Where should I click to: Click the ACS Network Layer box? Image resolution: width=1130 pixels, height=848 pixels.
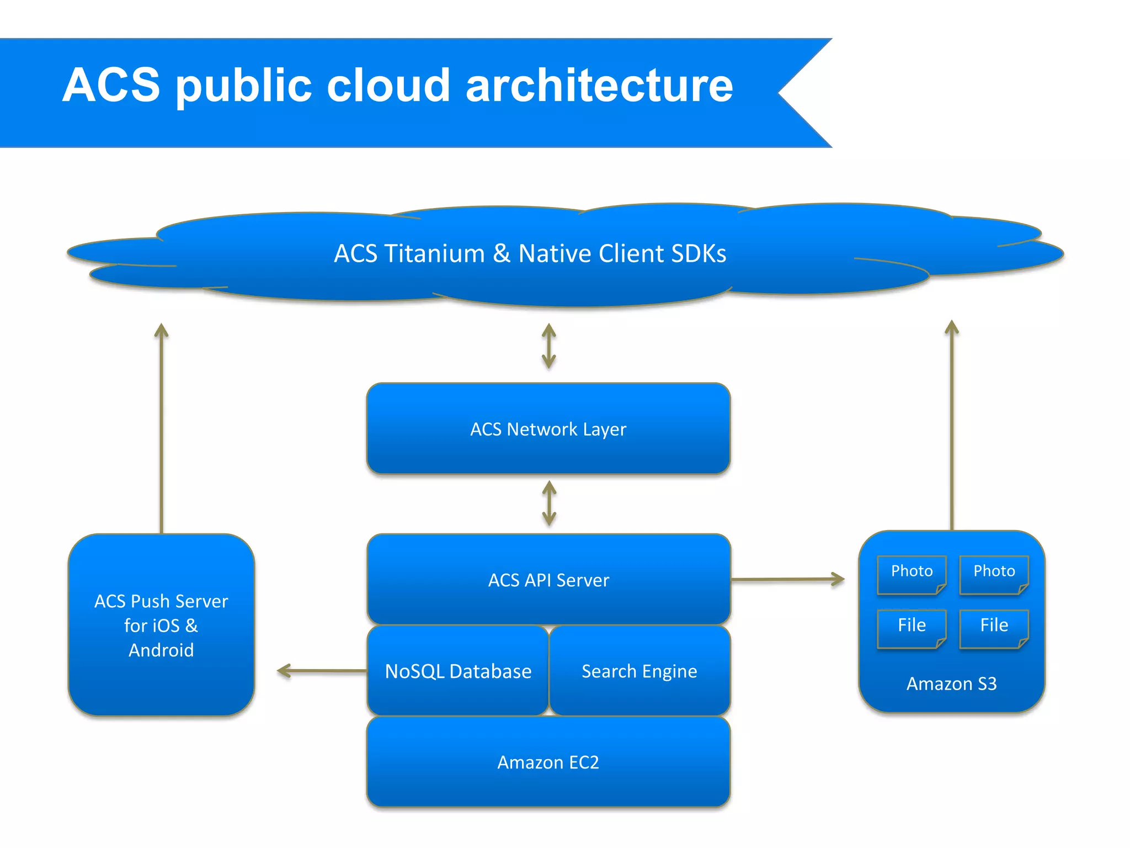click(x=548, y=429)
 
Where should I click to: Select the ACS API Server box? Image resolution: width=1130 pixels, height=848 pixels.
click(x=548, y=580)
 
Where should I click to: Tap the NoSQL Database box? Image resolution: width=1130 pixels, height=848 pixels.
click(x=458, y=671)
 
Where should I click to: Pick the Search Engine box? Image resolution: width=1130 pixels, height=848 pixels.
click(x=639, y=671)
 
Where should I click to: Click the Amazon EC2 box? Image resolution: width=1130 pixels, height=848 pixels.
click(x=548, y=762)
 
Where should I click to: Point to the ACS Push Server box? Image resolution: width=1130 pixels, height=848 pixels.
click(x=161, y=625)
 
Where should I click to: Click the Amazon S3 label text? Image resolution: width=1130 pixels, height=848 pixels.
click(x=951, y=683)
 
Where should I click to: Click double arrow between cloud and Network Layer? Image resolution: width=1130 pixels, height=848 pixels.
click(x=548, y=346)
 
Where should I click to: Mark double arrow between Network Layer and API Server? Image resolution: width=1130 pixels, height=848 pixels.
click(x=549, y=503)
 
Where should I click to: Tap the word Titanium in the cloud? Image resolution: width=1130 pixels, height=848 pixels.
click(x=434, y=253)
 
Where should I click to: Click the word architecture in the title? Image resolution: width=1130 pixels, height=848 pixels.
click(x=599, y=86)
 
